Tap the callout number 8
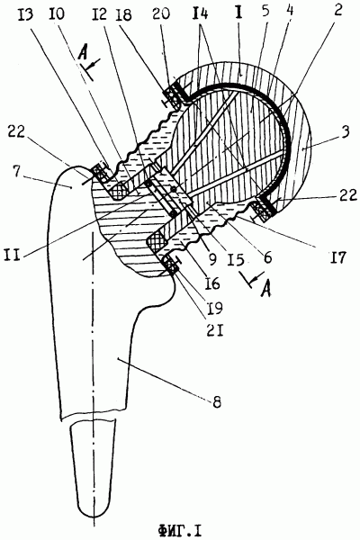tap(216, 401)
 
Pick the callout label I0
tap(58, 15)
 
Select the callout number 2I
tap(215, 331)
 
